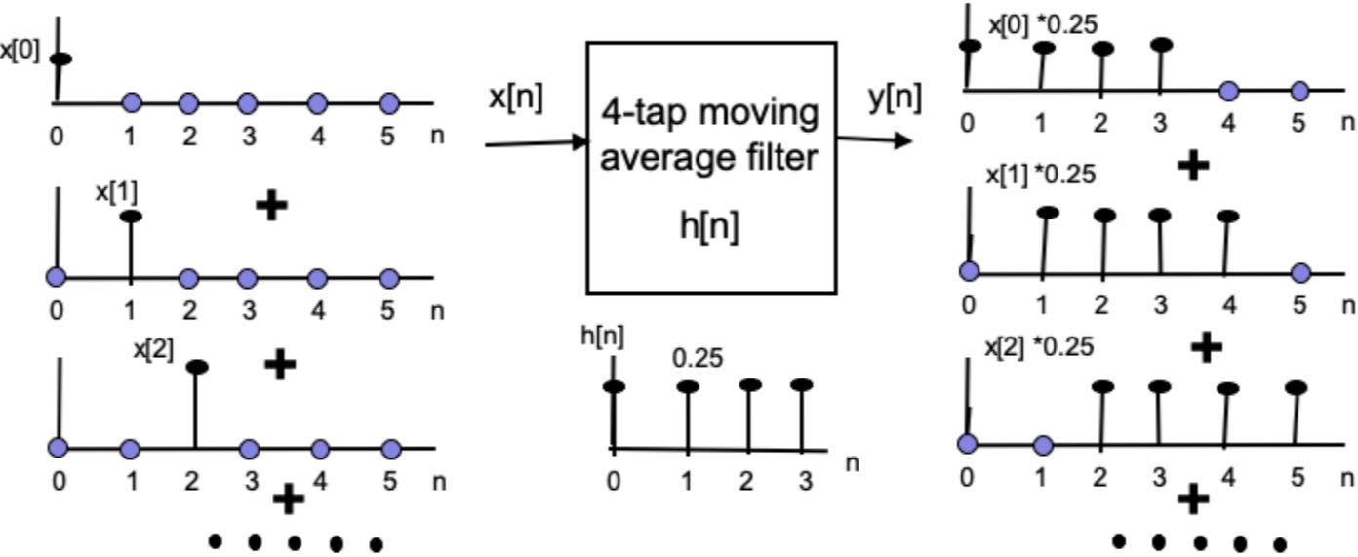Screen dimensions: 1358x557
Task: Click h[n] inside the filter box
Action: pos(710,226)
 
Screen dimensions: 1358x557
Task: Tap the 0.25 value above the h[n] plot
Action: pos(698,358)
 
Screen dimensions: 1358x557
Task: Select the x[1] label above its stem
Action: pos(115,191)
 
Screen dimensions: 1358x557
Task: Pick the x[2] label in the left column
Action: pos(153,347)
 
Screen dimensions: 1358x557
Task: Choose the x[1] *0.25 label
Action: pos(1041,174)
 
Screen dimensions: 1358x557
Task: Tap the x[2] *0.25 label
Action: pos(1039,346)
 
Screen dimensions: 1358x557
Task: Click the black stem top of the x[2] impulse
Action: pos(197,367)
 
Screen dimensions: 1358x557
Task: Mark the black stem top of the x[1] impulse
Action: pos(131,216)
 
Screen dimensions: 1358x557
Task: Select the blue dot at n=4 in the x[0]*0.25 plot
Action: pos(1228,91)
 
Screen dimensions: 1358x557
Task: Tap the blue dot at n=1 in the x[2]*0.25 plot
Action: pos(1043,445)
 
